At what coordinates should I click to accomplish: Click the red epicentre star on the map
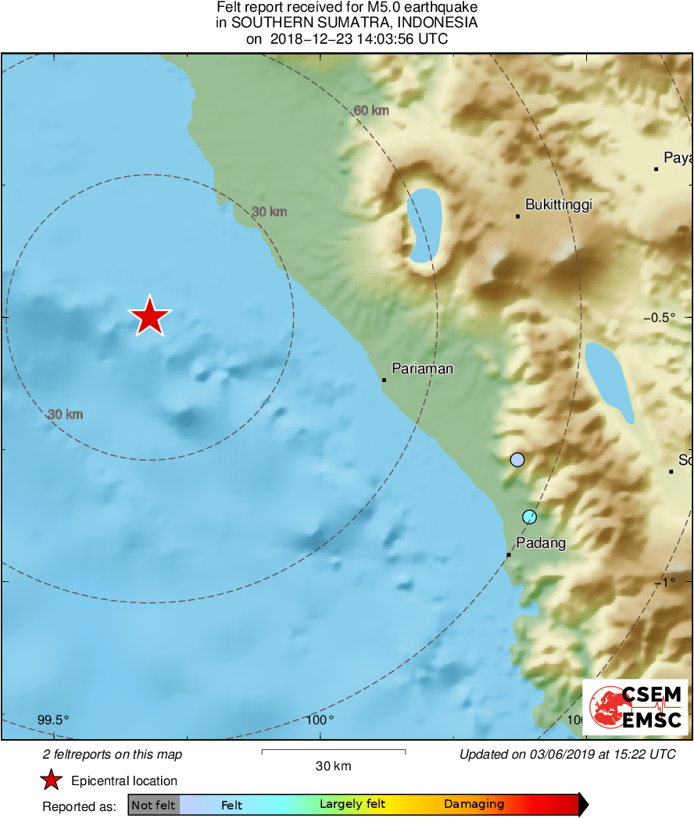tap(149, 316)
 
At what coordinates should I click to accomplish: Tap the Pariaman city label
tap(422, 369)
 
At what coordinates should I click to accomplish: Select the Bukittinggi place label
tap(558, 205)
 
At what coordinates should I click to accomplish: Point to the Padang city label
tap(540, 544)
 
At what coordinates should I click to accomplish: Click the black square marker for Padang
tap(509, 555)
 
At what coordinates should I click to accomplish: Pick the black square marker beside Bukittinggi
tap(517, 216)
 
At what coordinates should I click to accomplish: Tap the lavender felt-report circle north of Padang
tap(517, 459)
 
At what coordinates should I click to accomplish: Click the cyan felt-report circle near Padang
tap(529, 516)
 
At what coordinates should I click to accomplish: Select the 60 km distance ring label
tap(371, 111)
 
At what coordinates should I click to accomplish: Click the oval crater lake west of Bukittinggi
tap(424, 226)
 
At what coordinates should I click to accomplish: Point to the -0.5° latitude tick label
tap(658, 317)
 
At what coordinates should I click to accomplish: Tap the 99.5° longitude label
tap(53, 720)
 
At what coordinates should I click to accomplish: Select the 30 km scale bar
tap(333, 752)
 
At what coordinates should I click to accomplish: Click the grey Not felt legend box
tap(153, 805)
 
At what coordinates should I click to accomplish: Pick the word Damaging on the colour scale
tap(474, 805)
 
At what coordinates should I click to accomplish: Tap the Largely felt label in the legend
tap(352, 805)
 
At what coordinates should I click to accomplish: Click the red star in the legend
tap(52, 780)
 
